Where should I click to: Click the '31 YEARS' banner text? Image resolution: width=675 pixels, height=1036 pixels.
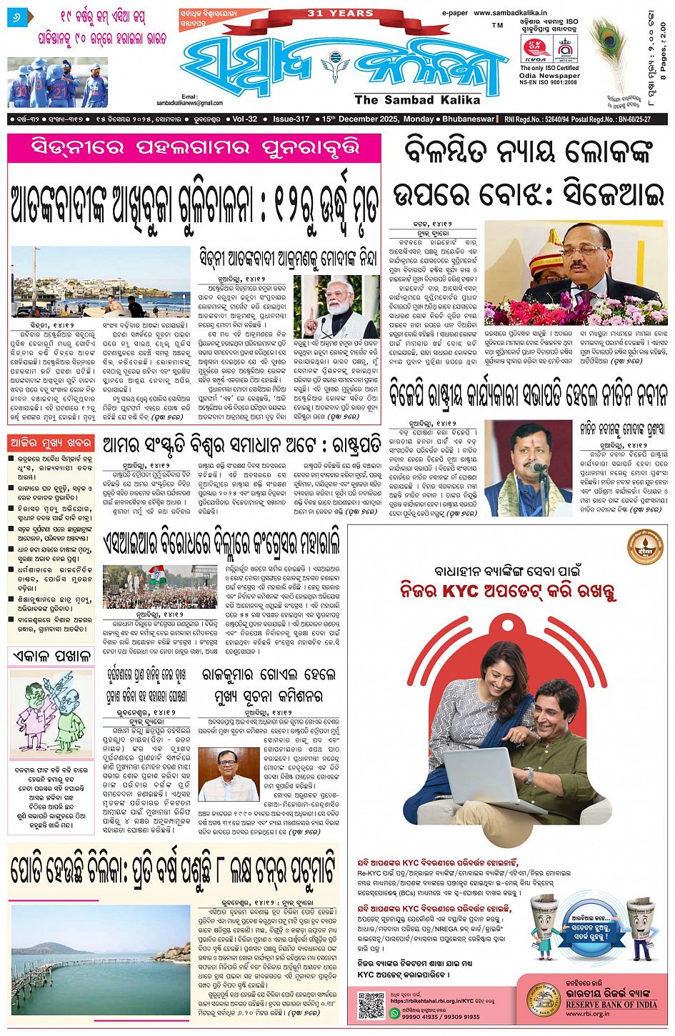pyautogui.click(x=341, y=13)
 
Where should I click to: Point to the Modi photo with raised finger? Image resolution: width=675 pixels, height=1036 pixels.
pyautogui.click(x=336, y=307)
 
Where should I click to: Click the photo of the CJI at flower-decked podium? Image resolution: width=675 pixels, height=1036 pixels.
pyautogui.click(x=576, y=272)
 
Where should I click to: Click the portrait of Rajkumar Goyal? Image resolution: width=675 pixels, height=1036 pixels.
pyautogui.click(x=229, y=774)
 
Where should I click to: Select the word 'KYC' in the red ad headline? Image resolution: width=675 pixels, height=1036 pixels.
pyautogui.click(x=461, y=591)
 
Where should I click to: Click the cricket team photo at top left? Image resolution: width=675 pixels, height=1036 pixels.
pyautogui.click(x=57, y=82)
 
